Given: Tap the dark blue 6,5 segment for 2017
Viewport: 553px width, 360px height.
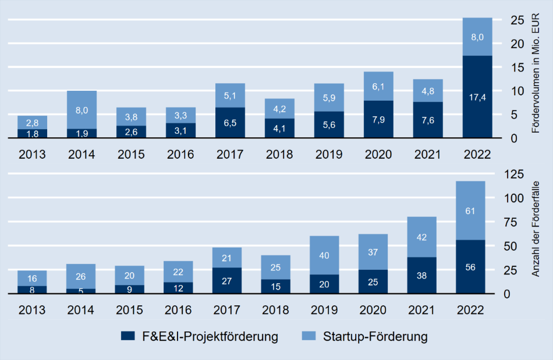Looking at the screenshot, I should pyautogui.click(x=230, y=123).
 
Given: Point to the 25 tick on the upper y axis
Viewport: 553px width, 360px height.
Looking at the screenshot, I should pyautogui.click(x=516, y=20).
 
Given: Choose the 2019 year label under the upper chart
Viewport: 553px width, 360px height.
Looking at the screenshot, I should pyautogui.click(x=328, y=155).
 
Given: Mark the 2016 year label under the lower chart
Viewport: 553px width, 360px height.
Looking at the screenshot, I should pyautogui.click(x=180, y=310).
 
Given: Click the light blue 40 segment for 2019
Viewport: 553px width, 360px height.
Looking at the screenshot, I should pyautogui.click(x=328, y=255).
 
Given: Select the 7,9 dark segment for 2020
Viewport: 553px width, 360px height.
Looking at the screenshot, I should pyautogui.click(x=378, y=119).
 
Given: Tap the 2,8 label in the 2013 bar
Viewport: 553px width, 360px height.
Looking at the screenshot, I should pyautogui.click(x=32, y=122).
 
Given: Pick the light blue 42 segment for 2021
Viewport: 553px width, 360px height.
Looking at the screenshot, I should pyautogui.click(x=428, y=237).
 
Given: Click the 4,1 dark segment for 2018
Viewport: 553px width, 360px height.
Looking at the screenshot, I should pyautogui.click(x=279, y=128).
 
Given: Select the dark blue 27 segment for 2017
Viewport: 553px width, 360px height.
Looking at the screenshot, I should pyautogui.click(x=230, y=281).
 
